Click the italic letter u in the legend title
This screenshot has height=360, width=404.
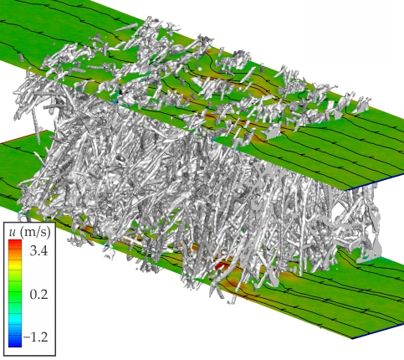click(x=12, y=232)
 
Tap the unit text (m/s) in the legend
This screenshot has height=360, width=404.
click(x=36, y=232)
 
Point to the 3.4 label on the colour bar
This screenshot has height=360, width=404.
click(x=38, y=251)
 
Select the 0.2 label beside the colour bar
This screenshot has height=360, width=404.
click(x=38, y=295)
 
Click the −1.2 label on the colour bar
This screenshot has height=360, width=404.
click(x=36, y=337)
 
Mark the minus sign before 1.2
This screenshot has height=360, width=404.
click(x=27, y=337)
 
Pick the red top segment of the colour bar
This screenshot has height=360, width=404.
click(x=15, y=244)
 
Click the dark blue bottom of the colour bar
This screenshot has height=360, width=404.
click(x=15, y=342)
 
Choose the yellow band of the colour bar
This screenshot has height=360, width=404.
click(x=15, y=265)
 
